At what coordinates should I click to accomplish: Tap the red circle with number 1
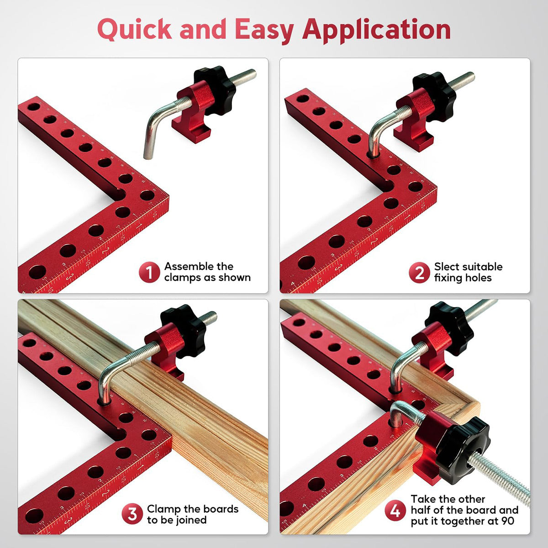coord(149,272)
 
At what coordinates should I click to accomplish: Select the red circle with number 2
coord(419,273)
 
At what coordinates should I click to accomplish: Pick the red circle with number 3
coord(132,514)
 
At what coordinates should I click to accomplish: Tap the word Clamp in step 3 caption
coord(163,509)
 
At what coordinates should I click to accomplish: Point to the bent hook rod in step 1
coord(155,128)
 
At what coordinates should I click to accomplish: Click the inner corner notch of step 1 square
coord(120,194)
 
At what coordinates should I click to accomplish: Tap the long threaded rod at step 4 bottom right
coord(502,475)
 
